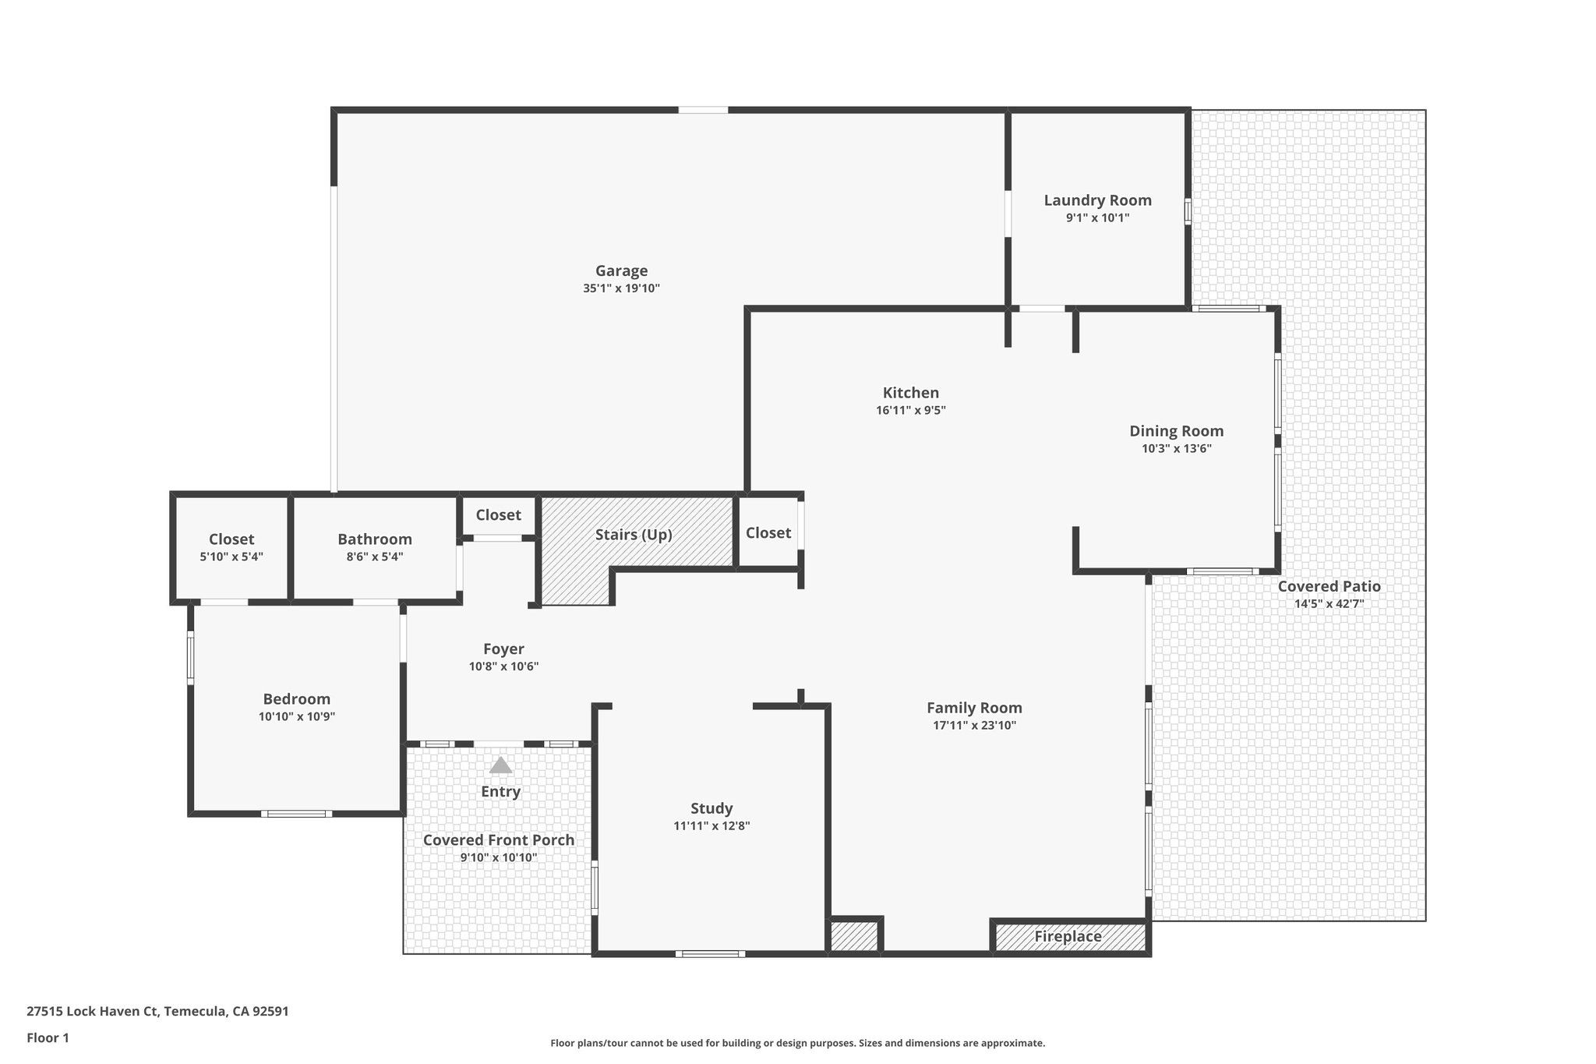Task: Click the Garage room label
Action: point(621,270)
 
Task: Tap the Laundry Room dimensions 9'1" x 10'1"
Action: point(1097,218)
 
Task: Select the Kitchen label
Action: point(910,393)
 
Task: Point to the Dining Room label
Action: point(1176,431)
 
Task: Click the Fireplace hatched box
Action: point(1068,937)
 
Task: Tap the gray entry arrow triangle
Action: point(500,765)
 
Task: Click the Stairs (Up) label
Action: point(633,535)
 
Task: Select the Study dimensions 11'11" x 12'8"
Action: point(711,826)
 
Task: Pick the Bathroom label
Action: point(374,539)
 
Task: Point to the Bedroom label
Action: point(296,699)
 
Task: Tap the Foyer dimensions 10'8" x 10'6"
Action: point(503,666)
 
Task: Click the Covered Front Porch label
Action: point(499,840)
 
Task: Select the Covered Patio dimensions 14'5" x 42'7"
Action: point(1329,604)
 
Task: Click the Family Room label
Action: point(974,708)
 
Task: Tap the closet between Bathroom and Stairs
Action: point(498,515)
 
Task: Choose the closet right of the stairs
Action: point(768,533)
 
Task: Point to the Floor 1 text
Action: point(48,1037)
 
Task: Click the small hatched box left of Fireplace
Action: point(855,936)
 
